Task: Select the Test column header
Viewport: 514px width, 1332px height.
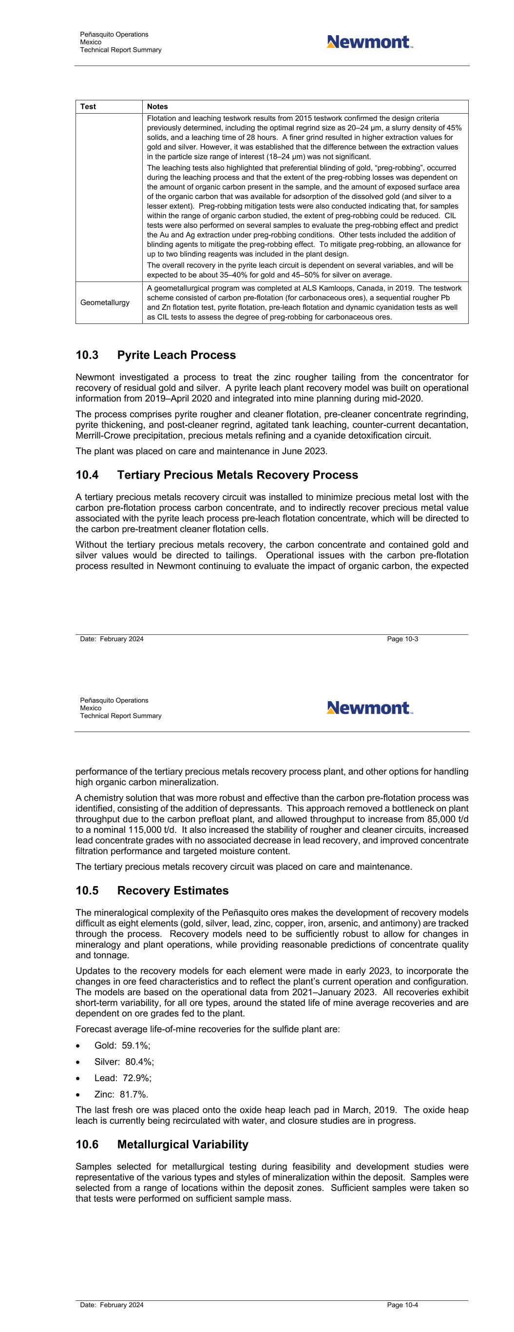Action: tap(88, 106)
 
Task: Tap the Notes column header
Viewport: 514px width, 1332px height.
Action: tap(157, 106)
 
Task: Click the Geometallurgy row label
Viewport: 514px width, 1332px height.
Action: tap(105, 303)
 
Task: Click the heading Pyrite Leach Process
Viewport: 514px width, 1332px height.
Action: tap(176, 355)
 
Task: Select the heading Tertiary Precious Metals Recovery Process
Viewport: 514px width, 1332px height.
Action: tap(237, 475)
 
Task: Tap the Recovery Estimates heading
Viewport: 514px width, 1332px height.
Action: tap(172, 890)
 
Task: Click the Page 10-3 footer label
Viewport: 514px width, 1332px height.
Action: tap(402, 639)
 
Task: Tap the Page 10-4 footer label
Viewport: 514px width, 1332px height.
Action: tap(402, 1305)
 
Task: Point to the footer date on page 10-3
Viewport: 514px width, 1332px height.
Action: tap(112, 639)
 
